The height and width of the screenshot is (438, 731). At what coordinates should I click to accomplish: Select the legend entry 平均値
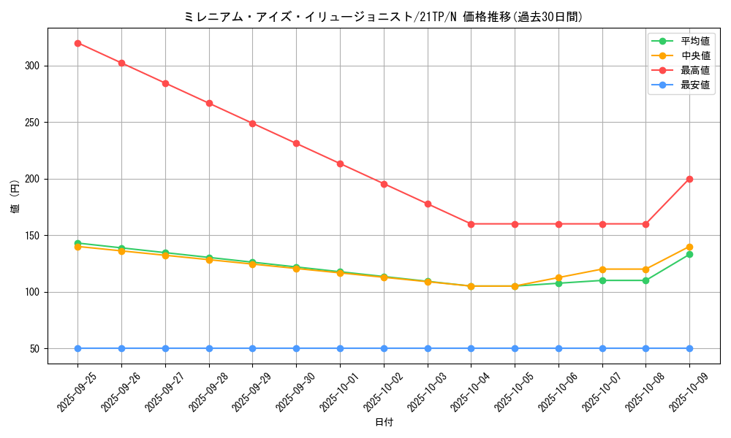[x=694, y=41]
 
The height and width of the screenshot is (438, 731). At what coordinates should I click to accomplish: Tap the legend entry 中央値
[x=694, y=55]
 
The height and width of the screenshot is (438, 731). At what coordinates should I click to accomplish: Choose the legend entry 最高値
[x=694, y=70]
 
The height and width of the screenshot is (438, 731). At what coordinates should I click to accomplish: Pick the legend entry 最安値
[x=694, y=85]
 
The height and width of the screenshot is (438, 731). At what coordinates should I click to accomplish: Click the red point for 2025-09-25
[x=77, y=43]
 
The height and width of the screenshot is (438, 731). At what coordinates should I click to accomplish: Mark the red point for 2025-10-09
[x=689, y=179]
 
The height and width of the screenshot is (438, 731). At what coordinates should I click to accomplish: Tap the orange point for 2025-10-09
[x=689, y=247]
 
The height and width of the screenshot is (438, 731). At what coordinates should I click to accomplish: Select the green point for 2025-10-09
[x=689, y=254]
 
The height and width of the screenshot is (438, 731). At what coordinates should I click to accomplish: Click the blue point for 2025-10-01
[x=340, y=348]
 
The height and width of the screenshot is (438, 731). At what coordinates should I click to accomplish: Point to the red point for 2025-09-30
[x=296, y=143]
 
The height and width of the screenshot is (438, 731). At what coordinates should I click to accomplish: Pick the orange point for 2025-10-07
[x=602, y=269]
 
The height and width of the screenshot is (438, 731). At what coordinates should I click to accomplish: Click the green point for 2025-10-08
[x=645, y=280]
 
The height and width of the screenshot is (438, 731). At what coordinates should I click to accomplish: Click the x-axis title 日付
[x=384, y=423]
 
